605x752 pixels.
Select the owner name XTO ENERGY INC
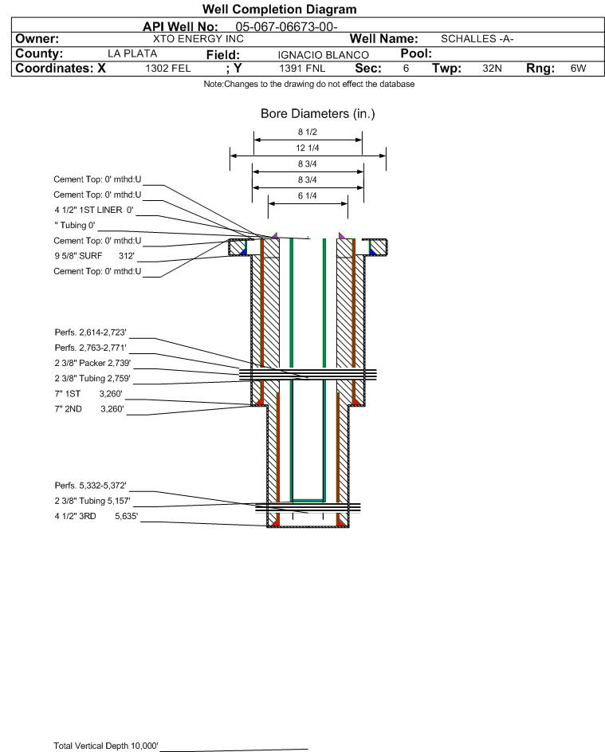[x=198, y=38]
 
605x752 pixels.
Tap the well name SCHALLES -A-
[x=477, y=38]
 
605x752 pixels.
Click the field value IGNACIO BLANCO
[x=323, y=54]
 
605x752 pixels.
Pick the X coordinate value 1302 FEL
[x=168, y=69]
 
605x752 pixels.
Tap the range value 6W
[x=578, y=69]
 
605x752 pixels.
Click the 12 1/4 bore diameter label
[x=308, y=148]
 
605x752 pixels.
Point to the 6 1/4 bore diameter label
[x=308, y=196]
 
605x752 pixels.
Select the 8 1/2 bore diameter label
[x=308, y=132]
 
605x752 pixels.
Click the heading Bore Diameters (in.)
[x=317, y=114]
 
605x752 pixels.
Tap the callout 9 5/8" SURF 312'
[x=94, y=256]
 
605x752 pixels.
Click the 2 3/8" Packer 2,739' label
[x=92, y=362]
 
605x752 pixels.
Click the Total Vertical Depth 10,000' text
[x=106, y=746]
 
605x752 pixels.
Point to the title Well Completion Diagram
[x=280, y=10]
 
